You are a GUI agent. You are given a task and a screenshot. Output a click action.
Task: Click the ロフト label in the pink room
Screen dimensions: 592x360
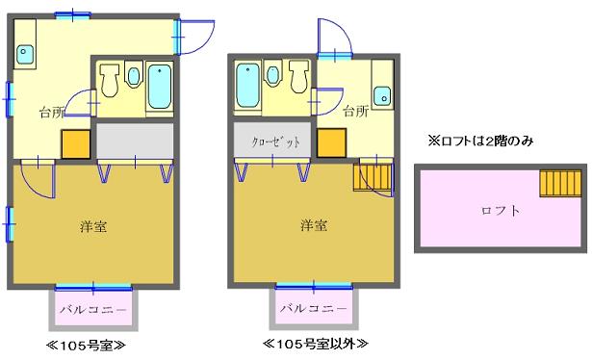coord(501,211)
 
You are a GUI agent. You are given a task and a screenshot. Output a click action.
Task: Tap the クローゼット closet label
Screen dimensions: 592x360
coord(276,141)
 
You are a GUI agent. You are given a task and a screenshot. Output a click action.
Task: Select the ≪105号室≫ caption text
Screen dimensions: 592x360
coord(86,345)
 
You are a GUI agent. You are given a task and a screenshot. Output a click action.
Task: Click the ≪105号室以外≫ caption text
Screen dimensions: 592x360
coord(316,344)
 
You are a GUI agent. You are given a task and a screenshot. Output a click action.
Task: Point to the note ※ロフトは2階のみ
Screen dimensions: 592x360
coord(480,141)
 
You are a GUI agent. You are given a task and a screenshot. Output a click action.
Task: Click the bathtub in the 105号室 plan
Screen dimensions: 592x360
coord(160,87)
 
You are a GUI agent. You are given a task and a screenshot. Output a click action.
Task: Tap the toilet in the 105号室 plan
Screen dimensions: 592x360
coord(110,81)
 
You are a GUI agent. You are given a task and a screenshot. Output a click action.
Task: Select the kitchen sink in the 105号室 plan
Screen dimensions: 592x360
coord(25,55)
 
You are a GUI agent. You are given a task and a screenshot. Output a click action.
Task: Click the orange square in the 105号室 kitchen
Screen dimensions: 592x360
coord(76,143)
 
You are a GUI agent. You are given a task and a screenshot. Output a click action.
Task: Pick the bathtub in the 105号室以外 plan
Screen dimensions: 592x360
coord(247,85)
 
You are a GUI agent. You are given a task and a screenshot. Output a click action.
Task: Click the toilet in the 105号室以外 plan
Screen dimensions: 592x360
coord(299,77)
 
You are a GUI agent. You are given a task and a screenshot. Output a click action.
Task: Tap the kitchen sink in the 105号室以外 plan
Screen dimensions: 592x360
coord(382,96)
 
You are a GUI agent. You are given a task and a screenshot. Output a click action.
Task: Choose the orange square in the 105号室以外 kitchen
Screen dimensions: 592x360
coord(331,142)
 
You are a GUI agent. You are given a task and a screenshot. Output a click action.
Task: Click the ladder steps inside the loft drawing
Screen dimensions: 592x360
coord(560,184)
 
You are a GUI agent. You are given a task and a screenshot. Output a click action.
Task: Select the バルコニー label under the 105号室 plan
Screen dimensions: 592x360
coord(93,310)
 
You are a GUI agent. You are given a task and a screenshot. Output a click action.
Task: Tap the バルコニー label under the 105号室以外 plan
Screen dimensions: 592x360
coord(314,308)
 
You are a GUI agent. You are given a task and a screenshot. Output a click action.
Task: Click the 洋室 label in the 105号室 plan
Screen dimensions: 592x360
coord(93,226)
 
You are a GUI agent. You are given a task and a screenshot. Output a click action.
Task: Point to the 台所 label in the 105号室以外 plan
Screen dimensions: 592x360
coord(355,112)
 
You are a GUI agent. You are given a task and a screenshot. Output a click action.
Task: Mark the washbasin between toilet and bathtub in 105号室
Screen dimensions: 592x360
coord(133,75)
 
